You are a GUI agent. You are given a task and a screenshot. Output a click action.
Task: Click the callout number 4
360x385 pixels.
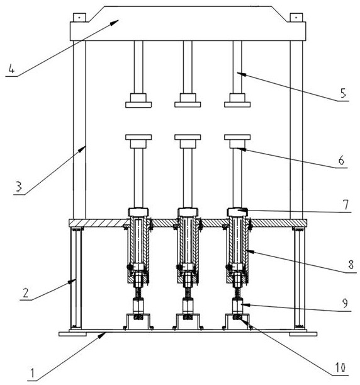(x=11, y=68)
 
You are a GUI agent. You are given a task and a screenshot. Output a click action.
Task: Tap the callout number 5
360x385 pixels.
(x=343, y=93)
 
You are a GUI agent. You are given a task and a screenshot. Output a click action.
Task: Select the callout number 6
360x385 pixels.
(x=341, y=160)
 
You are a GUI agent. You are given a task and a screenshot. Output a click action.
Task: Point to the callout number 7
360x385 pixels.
(x=346, y=205)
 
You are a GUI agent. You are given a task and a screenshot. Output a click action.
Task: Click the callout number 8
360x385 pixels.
(x=351, y=265)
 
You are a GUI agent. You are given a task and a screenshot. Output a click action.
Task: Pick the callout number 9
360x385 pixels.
(x=345, y=304)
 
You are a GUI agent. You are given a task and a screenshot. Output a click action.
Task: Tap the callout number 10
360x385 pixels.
(x=340, y=367)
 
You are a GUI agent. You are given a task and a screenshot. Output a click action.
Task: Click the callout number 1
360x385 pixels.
(x=31, y=374)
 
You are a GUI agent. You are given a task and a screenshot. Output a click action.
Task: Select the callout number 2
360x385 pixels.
(x=26, y=293)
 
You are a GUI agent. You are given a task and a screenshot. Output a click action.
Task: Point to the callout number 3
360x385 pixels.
(x=19, y=186)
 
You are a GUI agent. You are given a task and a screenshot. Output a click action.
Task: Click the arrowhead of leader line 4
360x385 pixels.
(x=115, y=22)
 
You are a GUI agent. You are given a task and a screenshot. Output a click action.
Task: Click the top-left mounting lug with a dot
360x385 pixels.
(x=79, y=18)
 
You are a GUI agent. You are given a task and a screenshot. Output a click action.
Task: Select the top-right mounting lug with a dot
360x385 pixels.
(x=296, y=18)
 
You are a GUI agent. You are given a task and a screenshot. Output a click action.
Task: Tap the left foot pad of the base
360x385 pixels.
(x=72, y=334)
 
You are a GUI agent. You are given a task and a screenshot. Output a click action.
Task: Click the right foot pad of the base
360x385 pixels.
(x=303, y=334)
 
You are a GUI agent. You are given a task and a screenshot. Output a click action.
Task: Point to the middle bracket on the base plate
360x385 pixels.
(x=188, y=321)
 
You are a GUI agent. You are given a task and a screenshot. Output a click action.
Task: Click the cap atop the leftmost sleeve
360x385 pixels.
(x=138, y=212)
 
